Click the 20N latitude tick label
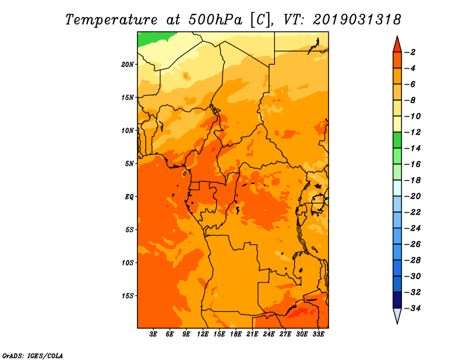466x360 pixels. point(128,65)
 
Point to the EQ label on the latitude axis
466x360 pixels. point(129,197)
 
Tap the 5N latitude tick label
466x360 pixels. point(129,164)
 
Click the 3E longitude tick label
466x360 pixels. point(153,334)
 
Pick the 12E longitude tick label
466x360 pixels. point(203,334)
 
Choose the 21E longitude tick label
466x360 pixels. point(252,334)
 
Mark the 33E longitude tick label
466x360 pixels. point(318,334)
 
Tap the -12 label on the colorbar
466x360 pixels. point(412,132)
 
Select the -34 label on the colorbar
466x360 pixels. point(412,308)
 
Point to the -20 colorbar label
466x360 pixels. point(412,196)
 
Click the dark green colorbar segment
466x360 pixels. point(397,140)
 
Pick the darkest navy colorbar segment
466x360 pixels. point(397,300)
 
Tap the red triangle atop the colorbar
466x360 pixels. point(397,45)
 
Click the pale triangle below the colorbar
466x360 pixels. point(397,315)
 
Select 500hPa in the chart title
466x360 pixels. point(216,20)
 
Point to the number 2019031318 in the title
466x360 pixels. point(357,20)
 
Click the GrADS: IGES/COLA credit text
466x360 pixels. point(33,355)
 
